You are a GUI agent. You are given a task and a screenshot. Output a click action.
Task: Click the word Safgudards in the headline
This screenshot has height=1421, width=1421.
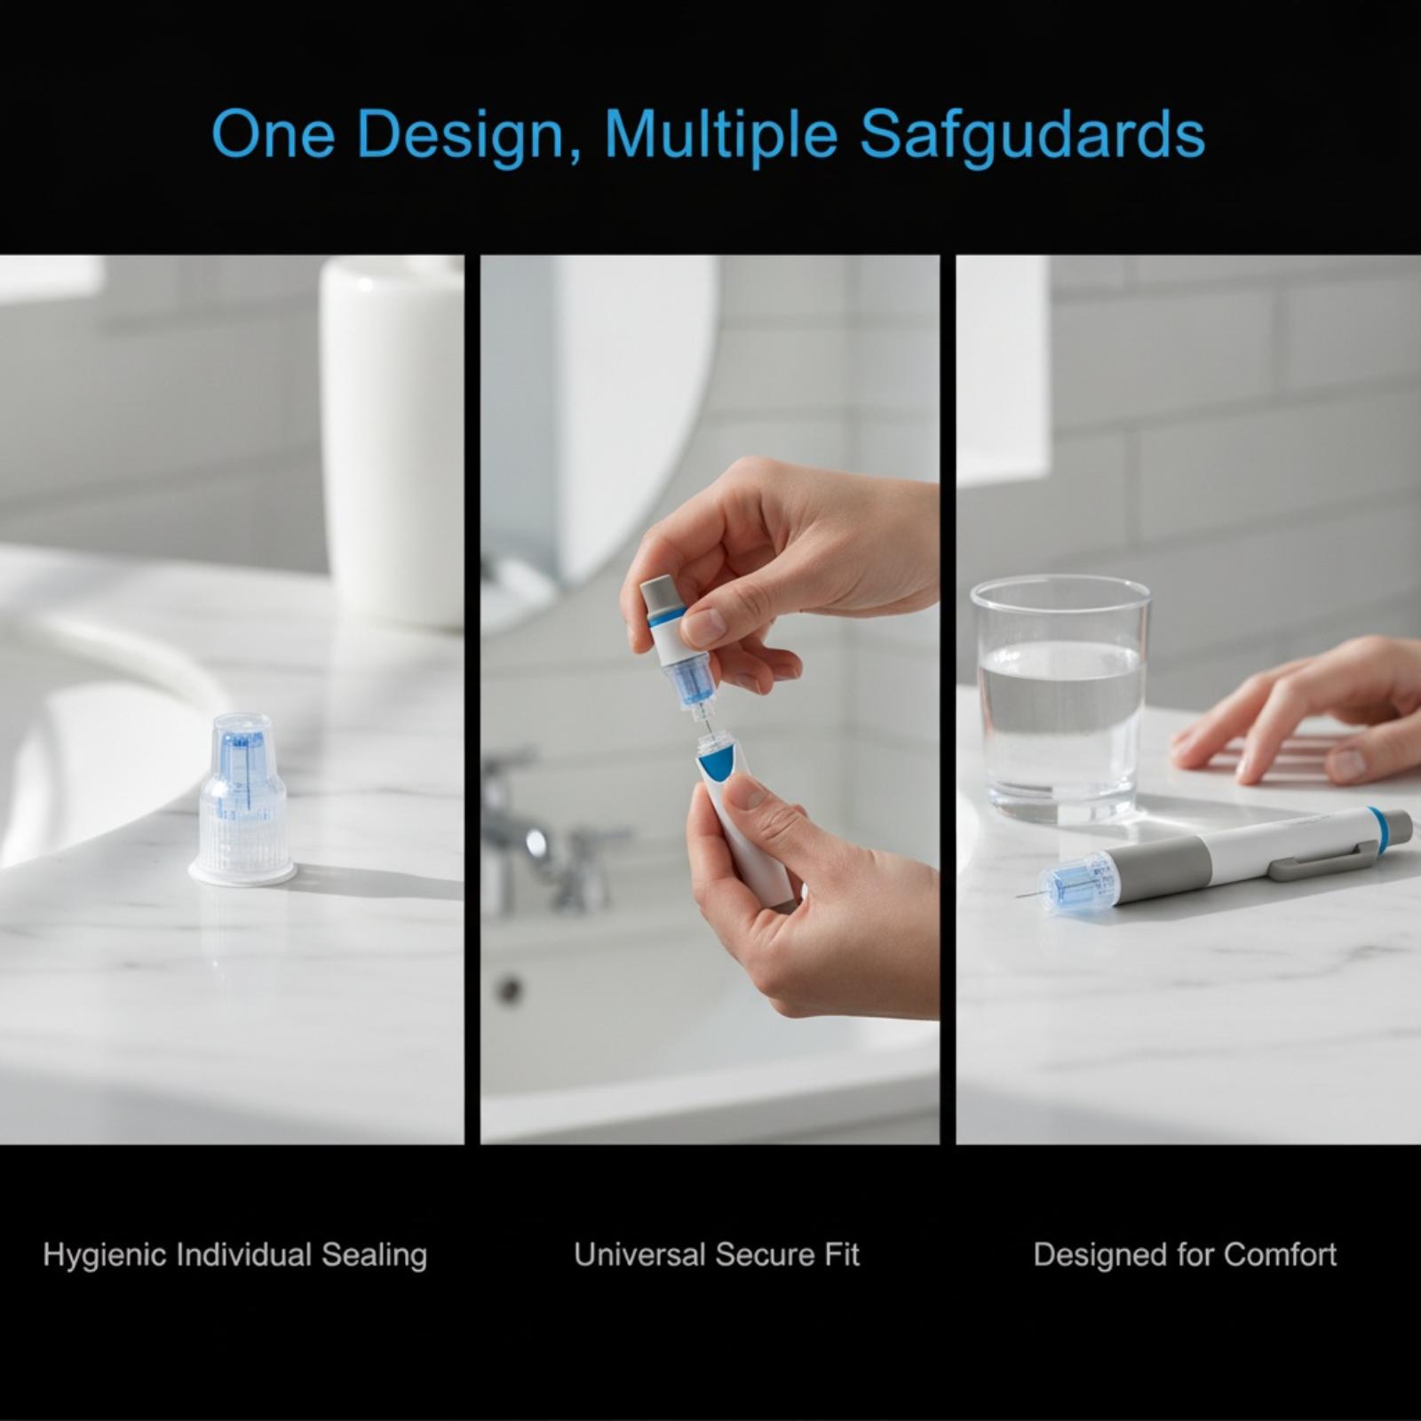(x=1032, y=135)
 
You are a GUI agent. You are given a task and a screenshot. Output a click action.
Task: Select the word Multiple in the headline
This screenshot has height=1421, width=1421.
(x=721, y=135)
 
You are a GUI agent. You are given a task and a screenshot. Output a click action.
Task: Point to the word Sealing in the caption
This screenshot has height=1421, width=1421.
(x=374, y=1256)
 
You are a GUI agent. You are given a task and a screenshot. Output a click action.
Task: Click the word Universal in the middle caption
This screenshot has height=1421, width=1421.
(x=639, y=1254)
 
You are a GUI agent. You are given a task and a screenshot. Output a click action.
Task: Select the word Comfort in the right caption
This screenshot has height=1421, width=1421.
(x=1279, y=1254)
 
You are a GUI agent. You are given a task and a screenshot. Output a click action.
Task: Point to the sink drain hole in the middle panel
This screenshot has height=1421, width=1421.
(x=510, y=989)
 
